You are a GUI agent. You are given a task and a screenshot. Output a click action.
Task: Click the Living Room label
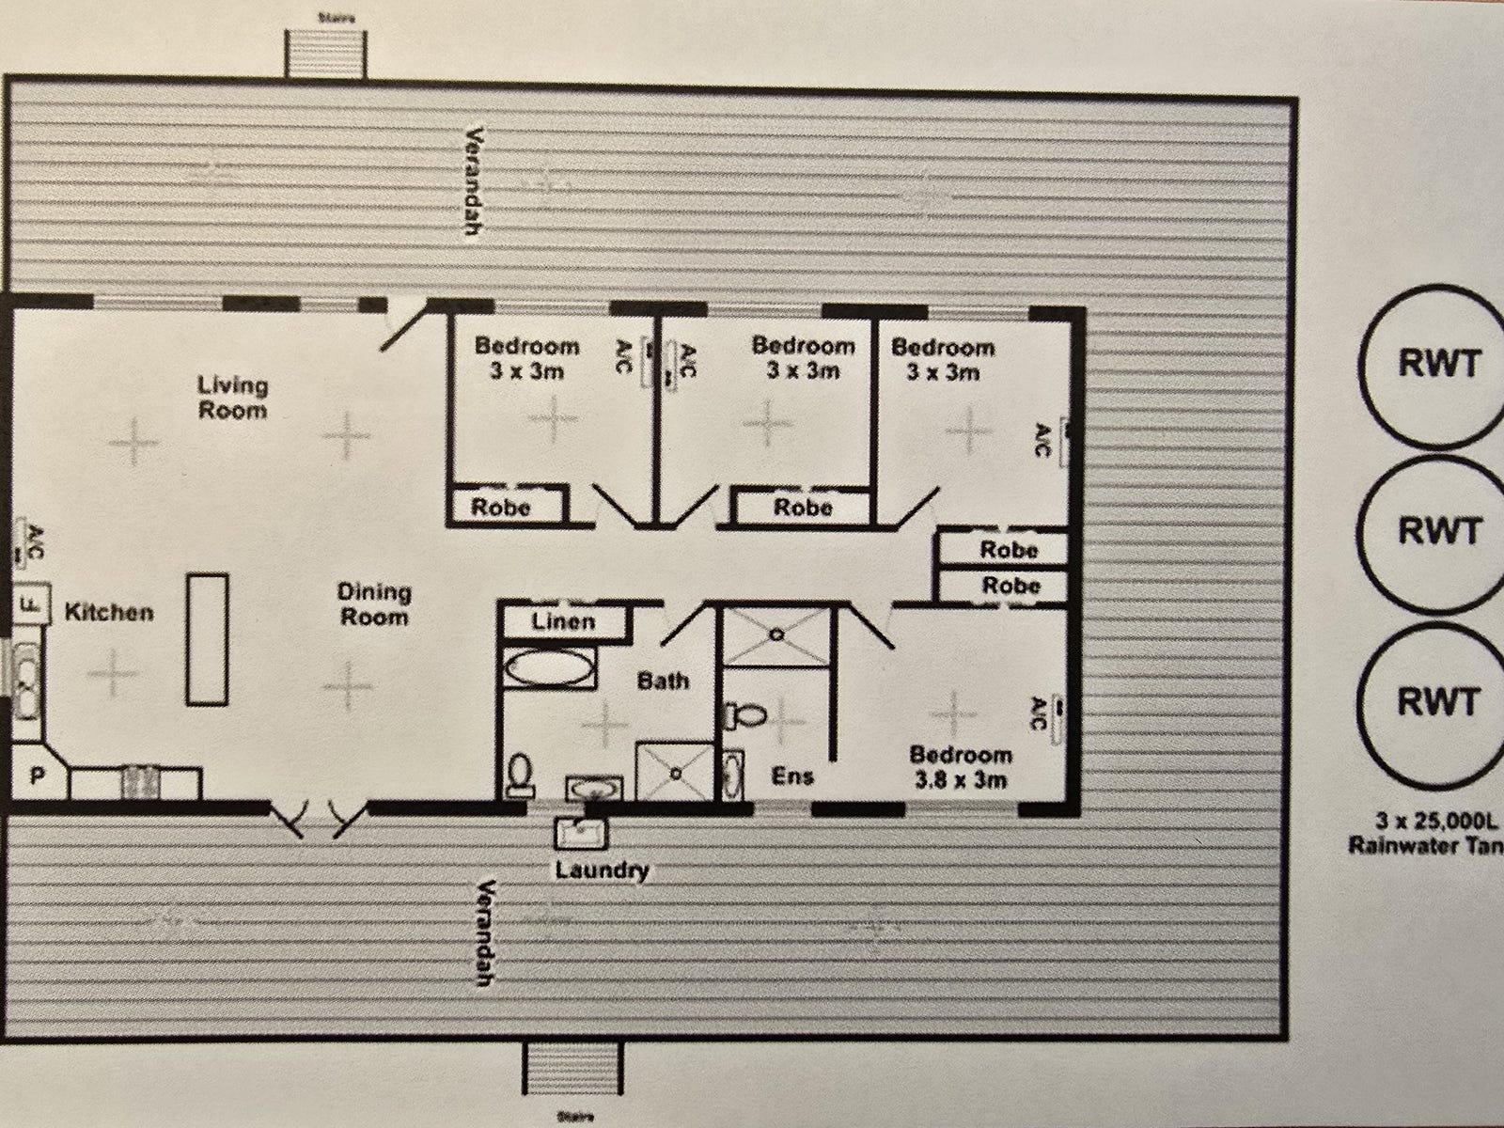(232, 398)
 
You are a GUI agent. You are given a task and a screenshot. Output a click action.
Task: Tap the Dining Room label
(374, 604)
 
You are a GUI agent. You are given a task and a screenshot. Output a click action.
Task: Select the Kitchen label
(108, 612)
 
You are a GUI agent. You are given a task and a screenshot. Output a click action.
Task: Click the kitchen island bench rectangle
(207, 638)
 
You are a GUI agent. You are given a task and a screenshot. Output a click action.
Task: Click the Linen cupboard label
(562, 621)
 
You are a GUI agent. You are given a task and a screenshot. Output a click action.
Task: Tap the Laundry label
(602, 869)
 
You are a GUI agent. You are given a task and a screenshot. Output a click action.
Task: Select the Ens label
(791, 776)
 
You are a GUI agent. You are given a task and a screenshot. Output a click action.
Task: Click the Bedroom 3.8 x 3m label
(960, 767)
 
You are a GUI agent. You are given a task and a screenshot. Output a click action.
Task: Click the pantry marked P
(39, 775)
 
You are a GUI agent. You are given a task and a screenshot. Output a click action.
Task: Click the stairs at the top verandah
(326, 52)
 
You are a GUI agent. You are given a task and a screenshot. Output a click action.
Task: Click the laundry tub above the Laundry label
(583, 832)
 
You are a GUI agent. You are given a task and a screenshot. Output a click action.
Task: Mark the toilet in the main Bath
(518, 773)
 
